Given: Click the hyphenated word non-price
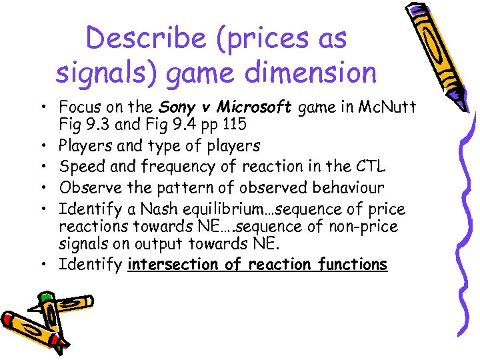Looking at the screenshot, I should (365, 226).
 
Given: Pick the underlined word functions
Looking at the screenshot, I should (353, 264).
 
